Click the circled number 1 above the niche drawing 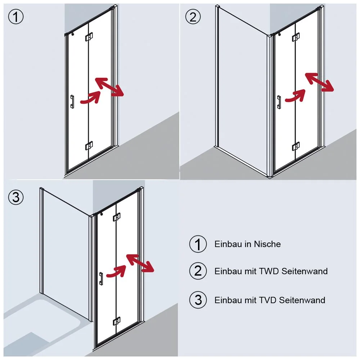16,17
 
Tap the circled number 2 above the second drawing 193,17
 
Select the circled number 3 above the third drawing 16,197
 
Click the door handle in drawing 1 72,102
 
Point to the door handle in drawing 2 279,102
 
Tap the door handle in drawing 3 101,279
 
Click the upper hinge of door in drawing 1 89,37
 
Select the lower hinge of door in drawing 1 89,145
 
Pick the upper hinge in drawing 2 296,37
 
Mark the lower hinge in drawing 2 296,146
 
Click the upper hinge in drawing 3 117,217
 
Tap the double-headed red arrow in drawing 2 319,82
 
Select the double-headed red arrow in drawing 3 140,263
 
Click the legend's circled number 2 198,271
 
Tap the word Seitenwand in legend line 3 302,300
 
